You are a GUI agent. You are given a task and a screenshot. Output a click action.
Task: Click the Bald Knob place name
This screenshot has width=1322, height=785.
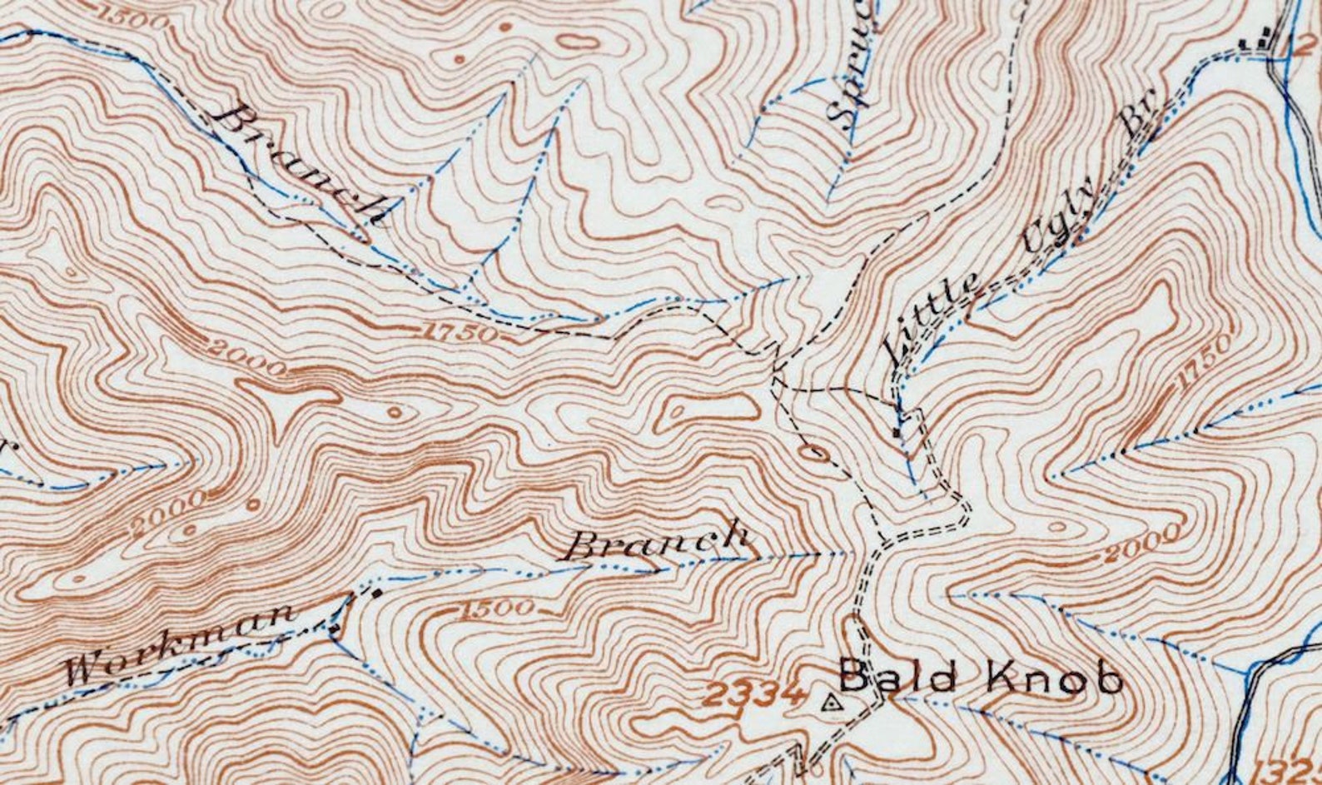(x=981, y=677)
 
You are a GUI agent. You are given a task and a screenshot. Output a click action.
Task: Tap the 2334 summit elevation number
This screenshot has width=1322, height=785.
(x=756, y=693)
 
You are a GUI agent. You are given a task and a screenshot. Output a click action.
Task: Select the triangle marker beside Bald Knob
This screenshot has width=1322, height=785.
(x=830, y=703)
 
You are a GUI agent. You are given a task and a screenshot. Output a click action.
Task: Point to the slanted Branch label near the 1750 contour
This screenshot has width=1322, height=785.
(x=300, y=165)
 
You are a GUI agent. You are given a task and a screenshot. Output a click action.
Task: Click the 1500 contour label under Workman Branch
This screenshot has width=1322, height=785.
(x=496, y=609)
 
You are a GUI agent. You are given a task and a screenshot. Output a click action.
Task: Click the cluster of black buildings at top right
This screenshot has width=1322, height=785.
(x=1257, y=37)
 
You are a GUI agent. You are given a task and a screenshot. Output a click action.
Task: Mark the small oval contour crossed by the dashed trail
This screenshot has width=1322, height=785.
(x=813, y=453)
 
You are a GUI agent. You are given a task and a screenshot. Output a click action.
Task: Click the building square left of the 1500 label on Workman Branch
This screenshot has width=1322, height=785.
(x=377, y=594)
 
